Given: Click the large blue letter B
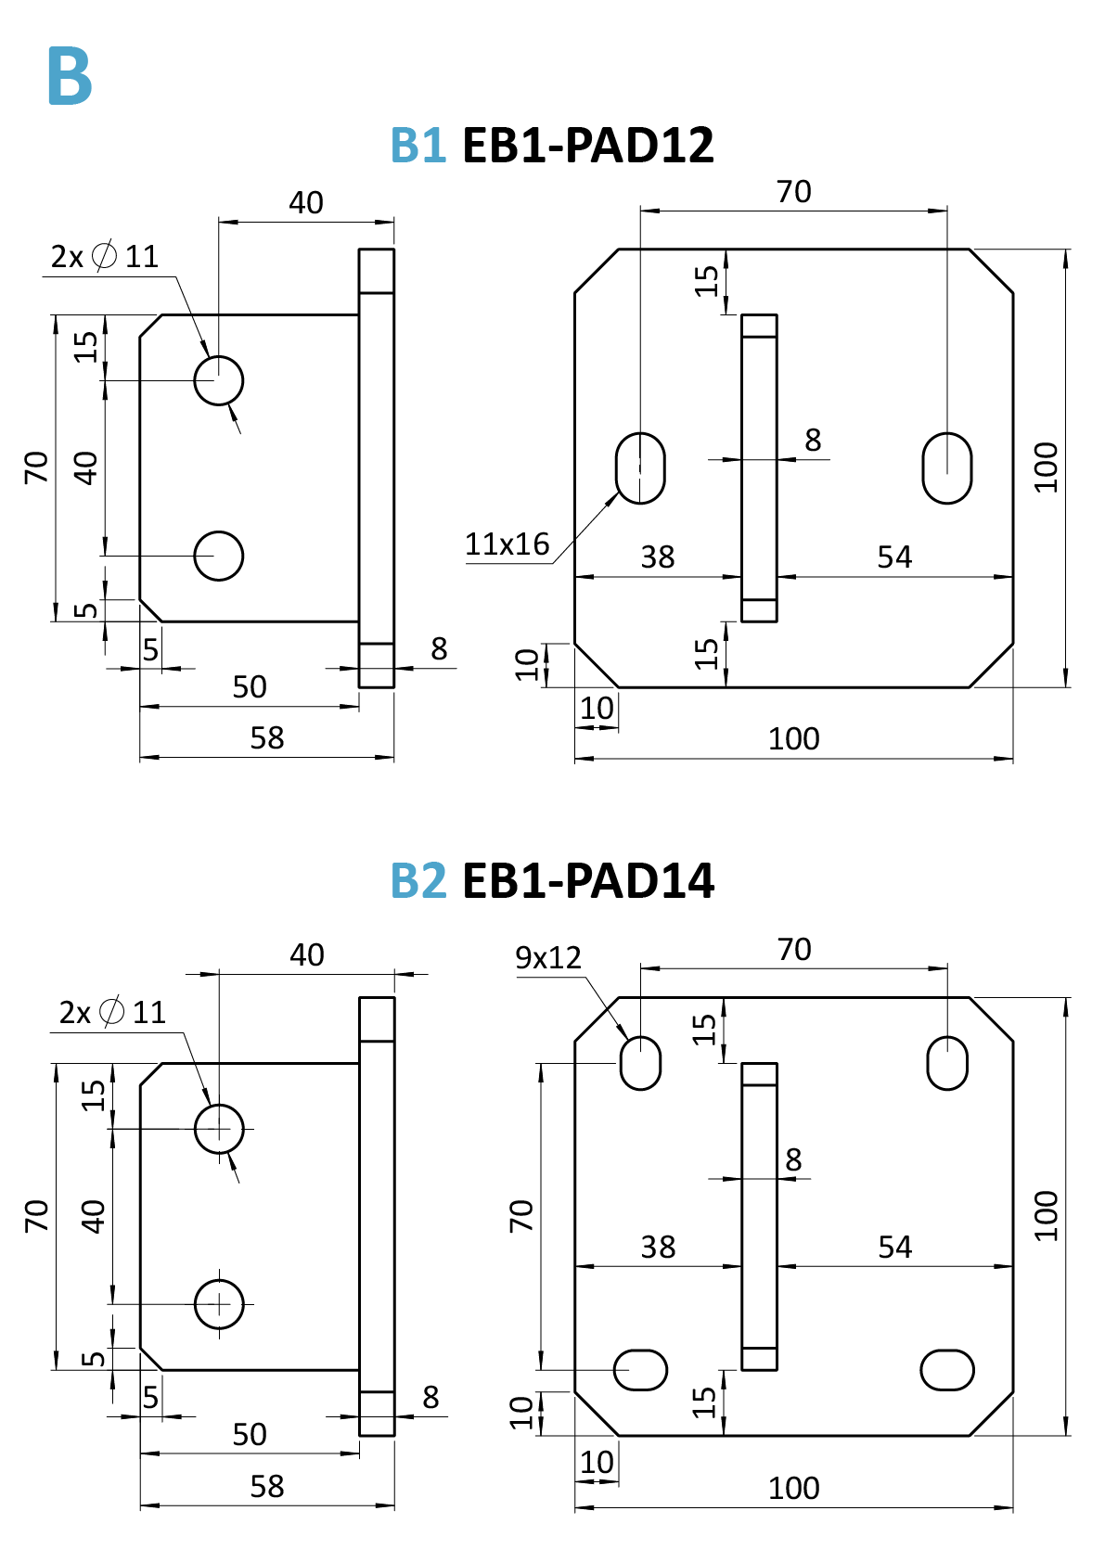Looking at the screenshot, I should coord(70,76).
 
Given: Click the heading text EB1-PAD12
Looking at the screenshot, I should coord(587,146).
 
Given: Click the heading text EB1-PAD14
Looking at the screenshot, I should coord(587,880).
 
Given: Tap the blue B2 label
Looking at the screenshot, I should coord(418,880).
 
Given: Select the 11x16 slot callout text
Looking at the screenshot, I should coord(507,544).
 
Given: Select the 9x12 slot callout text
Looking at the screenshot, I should coord(547,957).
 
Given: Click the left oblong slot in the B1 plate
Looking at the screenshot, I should coord(640,468).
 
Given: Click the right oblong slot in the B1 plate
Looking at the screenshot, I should coord(947,468).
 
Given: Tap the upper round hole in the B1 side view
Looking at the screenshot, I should coord(219,379).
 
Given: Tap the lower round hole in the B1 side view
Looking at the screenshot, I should coord(219,556).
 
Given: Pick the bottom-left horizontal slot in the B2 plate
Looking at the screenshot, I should coord(640,1370).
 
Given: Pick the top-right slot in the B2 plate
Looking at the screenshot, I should coord(947,1063).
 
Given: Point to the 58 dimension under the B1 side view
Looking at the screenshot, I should coord(267,738).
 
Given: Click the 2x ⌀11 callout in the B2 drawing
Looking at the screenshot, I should coord(112,1012).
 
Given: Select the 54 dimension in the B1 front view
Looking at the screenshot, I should coord(894,557).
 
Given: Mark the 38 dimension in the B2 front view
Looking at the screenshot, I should coord(658,1248).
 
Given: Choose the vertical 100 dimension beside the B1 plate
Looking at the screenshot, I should coord(1047,467).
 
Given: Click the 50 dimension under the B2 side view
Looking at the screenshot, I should coord(250,1435).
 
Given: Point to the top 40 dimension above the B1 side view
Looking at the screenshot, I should coord(306,203).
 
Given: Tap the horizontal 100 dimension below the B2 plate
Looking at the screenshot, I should coord(794,1489).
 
